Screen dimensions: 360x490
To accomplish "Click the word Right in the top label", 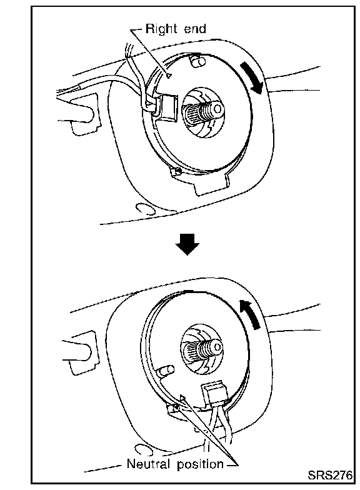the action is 161,29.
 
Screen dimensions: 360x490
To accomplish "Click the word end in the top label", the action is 195,29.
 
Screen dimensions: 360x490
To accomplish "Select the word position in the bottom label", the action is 200,465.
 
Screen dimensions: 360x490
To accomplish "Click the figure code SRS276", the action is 330,475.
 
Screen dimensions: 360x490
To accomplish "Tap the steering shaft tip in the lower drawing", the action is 216,346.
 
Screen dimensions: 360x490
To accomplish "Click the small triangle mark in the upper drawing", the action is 169,75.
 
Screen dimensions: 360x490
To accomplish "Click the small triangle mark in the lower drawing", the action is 182,397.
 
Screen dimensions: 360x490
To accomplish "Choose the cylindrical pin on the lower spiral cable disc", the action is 166,371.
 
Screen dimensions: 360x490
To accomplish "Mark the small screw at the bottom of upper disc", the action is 177,171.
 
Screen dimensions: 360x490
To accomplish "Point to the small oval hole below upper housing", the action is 146,209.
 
